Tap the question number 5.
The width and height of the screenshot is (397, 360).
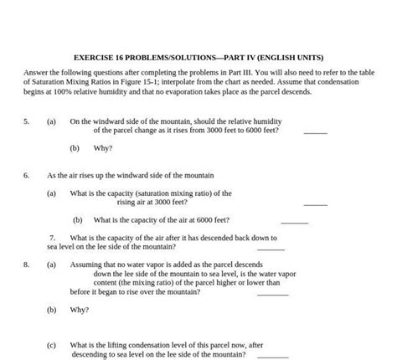26,121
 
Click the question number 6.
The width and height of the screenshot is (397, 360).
26,176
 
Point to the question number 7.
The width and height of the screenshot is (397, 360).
52,238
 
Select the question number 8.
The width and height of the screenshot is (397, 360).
26,265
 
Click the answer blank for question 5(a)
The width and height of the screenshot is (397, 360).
315,132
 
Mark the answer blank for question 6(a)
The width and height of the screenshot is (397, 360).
315,203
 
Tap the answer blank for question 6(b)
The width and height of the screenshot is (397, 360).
294,222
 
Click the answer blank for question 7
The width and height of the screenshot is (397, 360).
271,249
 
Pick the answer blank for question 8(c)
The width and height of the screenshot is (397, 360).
275,356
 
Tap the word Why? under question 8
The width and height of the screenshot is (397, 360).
80,310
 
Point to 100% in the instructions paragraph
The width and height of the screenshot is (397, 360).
59,91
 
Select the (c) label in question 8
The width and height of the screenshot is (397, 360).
52,344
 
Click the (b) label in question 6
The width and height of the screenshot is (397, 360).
77,220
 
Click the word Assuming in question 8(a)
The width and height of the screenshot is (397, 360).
87,265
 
